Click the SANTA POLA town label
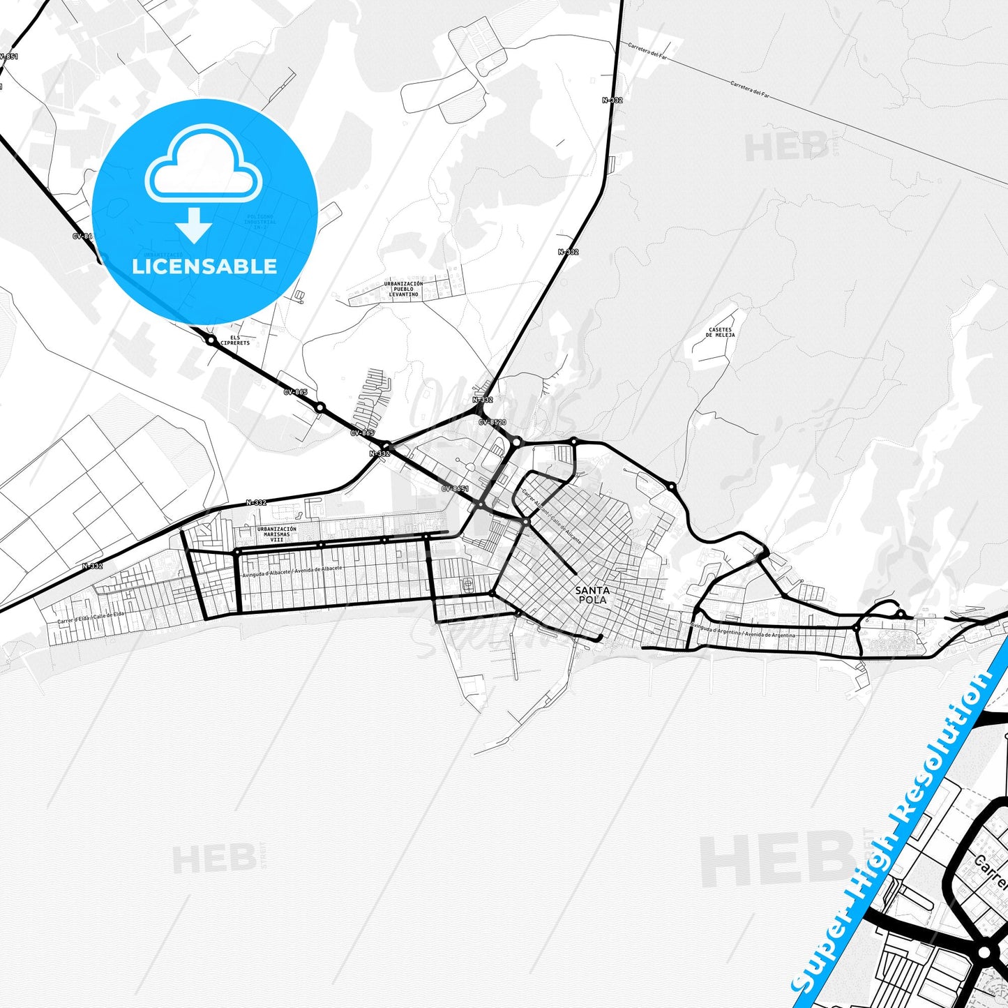[x=592, y=595]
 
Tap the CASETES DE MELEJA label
[x=720, y=332]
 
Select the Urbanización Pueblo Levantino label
[x=403, y=289]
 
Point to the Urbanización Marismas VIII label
[x=276, y=534]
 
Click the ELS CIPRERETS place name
[x=234, y=340]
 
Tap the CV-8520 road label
[x=492, y=422]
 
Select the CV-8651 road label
[x=455, y=489]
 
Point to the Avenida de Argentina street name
[x=769, y=635]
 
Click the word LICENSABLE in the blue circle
[x=204, y=266]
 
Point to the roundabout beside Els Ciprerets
[x=211, y=340]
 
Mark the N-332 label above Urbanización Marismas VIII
[x=256, y=502]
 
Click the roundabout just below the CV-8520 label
[x=516, y=441]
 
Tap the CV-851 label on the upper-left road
[x=8, y=57]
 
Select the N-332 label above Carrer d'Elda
[x=92, y=566]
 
